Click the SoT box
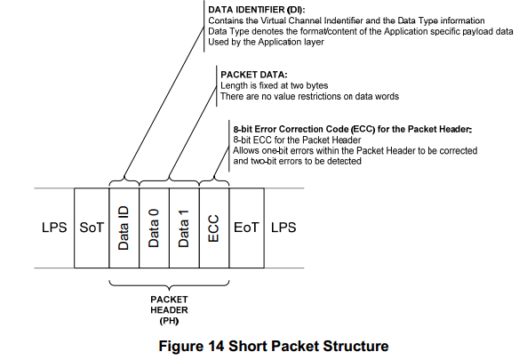tap(92, 228)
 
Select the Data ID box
tap(124, 228)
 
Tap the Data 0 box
tap(155, 228)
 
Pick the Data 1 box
tap(184, 228)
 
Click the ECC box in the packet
tap(214, 228)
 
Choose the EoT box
tap(246, 228)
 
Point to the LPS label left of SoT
tap(54, 228)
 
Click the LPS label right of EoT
tap(283, 228)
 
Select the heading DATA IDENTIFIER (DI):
tap(257, 10)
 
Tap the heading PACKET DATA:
tap(254, 75)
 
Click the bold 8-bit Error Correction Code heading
tap(353, 129)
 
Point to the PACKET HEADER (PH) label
tap(169, 310)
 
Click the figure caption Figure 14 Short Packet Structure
tap(274, 346)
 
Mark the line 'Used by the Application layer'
tap(266, 42)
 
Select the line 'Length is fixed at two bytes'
tap(274, 85)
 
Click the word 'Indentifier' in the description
tap(344, 20)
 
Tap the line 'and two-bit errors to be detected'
tap(297, 161)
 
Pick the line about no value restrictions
tap(309, 96)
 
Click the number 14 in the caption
tap(216, 346)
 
